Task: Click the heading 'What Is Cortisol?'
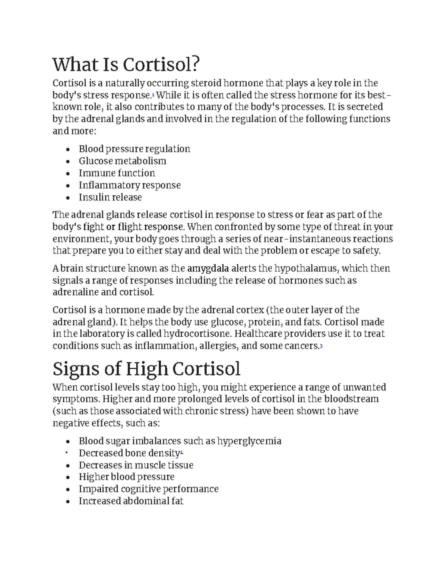point(126,64)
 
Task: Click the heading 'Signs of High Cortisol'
point(146,369)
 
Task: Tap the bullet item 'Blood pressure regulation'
point(134,149)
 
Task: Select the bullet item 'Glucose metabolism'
point(122,161)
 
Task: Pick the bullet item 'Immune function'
point(117,173)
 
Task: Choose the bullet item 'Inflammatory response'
point(129,185)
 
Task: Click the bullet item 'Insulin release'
point(110,197)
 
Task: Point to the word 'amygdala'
point(208,268)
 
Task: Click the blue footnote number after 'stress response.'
point(153,95)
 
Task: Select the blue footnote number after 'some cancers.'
point(321,346)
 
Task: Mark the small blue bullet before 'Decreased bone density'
point(66,453)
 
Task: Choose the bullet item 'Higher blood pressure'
point(126,477)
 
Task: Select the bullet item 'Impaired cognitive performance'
point(148,489)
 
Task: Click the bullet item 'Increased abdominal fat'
point(131,501)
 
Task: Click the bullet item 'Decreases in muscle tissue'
point(136,465)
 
